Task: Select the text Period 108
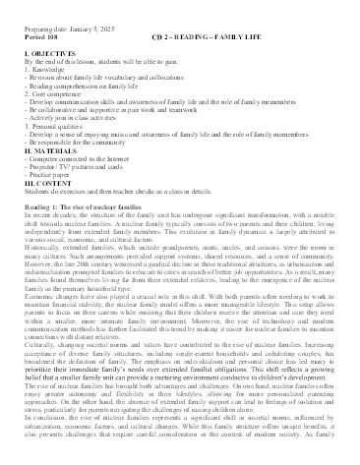click(37, 15)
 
